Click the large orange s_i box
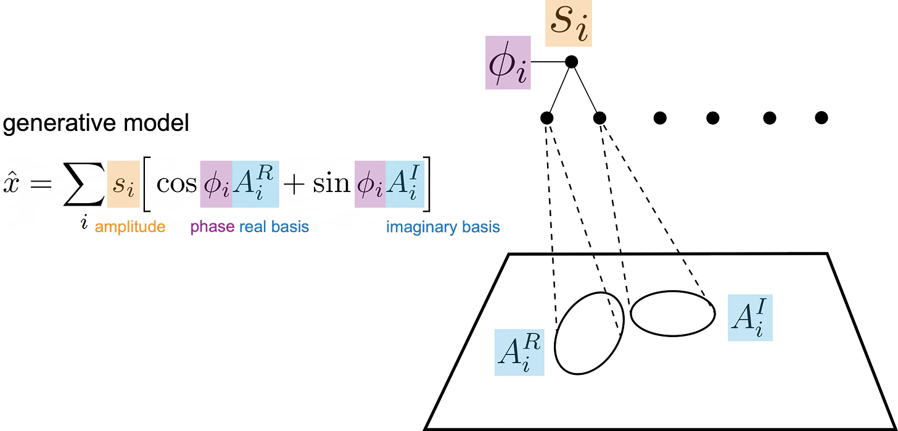pos(568,24)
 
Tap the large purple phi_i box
pos(508,62)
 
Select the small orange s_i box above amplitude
pos(123,185)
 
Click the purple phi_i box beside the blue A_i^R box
pos(215,185)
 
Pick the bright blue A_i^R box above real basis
pos(256,185)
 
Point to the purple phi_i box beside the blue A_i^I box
pos(370,185)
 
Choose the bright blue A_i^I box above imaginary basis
pos(405,185)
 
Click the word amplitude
pos(130,227)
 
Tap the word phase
pos(212,227)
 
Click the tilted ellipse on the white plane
pos(590,333)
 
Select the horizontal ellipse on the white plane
pos(672,314)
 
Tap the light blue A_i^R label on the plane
pos(519,353)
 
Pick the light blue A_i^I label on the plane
pos(750,318)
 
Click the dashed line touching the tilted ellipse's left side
pos(554,290)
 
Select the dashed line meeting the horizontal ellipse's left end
pos(626,281)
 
